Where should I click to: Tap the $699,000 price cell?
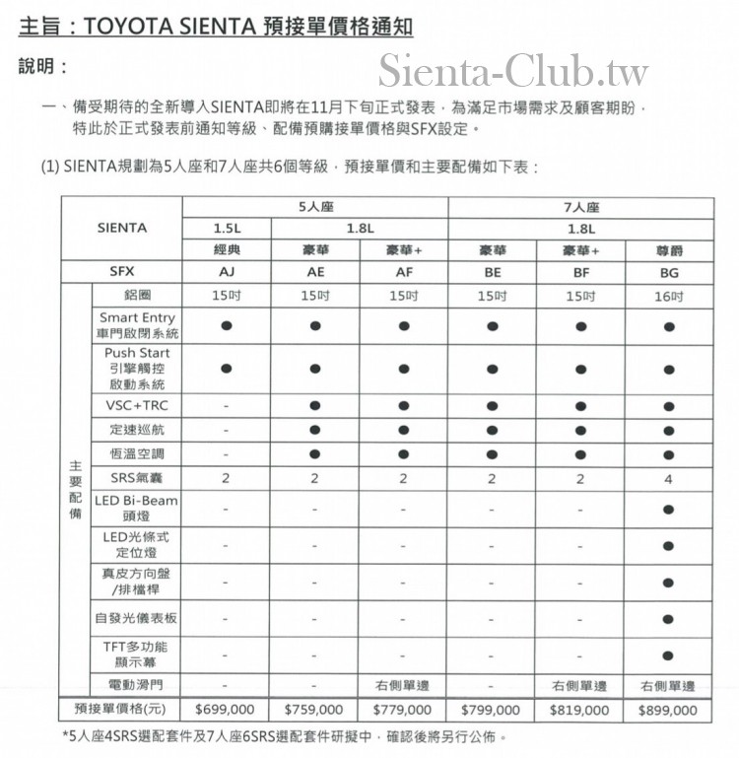click(226, 709)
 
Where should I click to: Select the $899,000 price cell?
click(668, 709)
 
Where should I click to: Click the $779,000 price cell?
click(403, 709)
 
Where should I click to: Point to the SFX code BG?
click(669, 273)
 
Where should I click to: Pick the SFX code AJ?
click(226, 273)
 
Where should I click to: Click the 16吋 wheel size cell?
click(669, 296)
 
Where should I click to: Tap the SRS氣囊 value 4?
click(669, 478)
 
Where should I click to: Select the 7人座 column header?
click(580, 208)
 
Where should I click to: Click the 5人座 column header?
click(314, 208)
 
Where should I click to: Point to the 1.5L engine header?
click(226, 229)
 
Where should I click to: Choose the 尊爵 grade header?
click(669, 250)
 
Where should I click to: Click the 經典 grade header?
click(226, 250)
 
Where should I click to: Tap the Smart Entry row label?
click(137, 325)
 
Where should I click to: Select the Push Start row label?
click(137, 368)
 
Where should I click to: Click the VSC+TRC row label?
click(137, 405)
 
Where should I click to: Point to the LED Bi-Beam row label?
click(137, 508)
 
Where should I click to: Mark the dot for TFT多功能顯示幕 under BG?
click(669, 655)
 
